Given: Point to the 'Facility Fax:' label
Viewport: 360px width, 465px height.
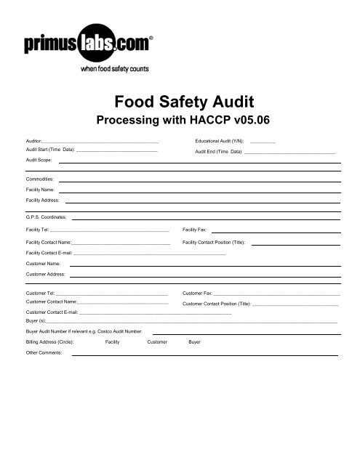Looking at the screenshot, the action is (x=194, y=230).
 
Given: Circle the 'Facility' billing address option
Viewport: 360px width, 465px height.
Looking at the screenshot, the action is (x=113, y=341).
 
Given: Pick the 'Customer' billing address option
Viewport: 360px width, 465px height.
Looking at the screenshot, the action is (x=157, y=341).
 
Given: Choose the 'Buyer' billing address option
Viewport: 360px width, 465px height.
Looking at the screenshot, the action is (x=194, y=341).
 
